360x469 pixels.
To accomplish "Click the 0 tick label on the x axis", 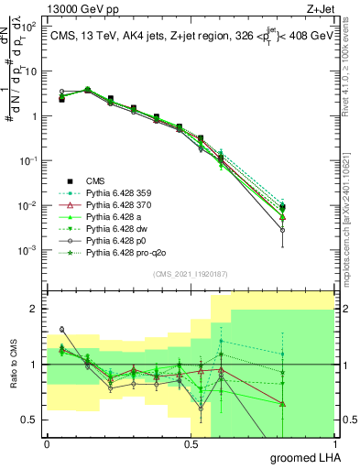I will (47, 443).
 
